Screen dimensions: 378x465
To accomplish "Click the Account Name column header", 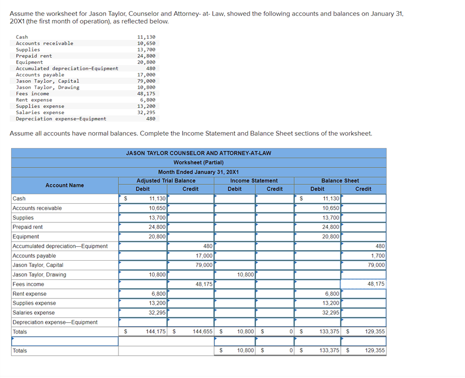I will coord(64,185).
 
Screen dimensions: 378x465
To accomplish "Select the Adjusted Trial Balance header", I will coord(166,181).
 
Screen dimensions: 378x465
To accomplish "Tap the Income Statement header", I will coord(254,181).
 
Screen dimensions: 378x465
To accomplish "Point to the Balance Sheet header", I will coord(340,181).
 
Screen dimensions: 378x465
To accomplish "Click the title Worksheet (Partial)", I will coord(198,162).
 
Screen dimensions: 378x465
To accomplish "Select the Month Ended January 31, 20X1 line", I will coord(198,172).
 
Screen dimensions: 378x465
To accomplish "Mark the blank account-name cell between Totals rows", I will coord(64,341).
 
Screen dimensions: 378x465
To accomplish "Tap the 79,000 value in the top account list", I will coord(146,81).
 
